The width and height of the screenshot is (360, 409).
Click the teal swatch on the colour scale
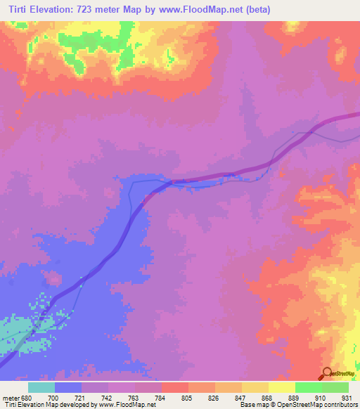coord(41,387)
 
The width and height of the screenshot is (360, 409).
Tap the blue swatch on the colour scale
coord(68,387)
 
